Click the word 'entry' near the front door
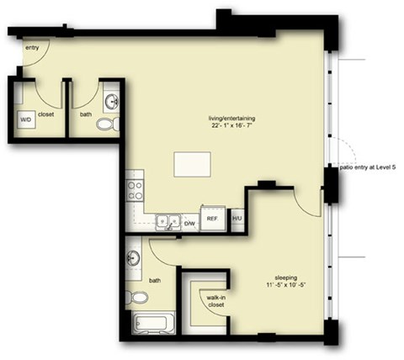point(32,48)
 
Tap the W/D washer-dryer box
point(27,119)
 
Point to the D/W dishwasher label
point(189,223)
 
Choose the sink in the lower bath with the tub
point(133,257)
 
